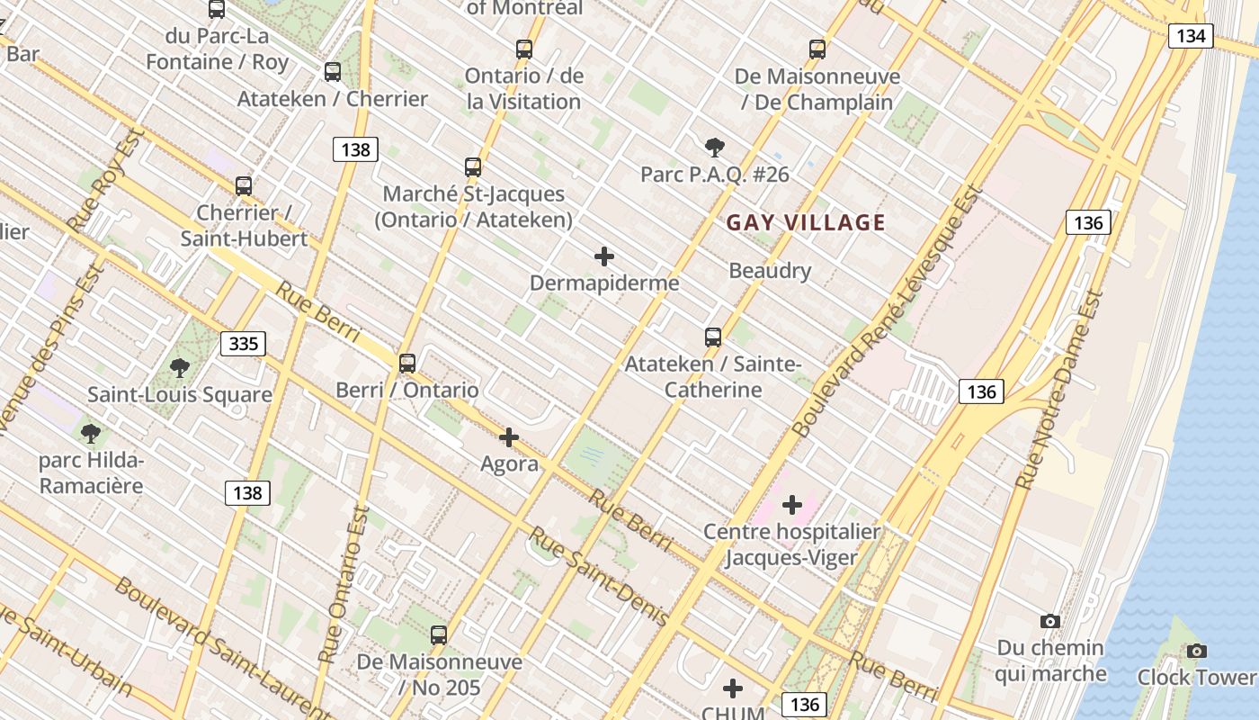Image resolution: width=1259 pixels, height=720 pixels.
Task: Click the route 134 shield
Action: pos(1191,36)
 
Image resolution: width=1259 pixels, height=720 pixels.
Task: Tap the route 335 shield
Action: pos(243,343)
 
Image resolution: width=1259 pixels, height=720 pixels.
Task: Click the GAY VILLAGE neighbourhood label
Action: pos(806,222)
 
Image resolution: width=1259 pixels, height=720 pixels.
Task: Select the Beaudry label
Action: pos(770,270)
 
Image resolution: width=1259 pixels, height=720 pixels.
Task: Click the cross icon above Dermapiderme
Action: pos(604,256)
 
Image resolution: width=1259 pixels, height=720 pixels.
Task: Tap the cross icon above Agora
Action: pos(509,437)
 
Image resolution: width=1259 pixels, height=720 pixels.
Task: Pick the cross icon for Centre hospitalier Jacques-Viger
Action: pos(792,504)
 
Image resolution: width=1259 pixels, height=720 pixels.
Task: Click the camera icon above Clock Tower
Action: pos(1196,651)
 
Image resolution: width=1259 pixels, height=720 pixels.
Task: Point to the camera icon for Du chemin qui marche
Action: pos(1049,621)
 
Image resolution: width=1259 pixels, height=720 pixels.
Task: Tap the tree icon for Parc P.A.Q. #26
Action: pos(714,147)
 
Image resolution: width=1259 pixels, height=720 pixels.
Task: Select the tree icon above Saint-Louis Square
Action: pos(180,367)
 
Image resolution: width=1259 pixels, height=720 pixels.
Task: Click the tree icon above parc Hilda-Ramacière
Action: pos(90,433)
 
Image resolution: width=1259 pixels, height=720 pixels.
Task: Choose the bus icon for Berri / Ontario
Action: pos(407,364)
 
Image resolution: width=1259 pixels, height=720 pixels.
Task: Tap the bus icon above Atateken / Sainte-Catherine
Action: pos(713,337)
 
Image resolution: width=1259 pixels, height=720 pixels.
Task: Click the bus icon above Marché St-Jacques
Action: pos(473,167)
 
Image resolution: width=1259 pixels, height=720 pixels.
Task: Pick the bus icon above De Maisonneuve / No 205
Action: pos(439,635)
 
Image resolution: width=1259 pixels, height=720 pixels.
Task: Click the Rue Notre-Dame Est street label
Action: pos(1058,391)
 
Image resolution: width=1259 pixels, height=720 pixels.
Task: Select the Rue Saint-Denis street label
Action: pos(597,576)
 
